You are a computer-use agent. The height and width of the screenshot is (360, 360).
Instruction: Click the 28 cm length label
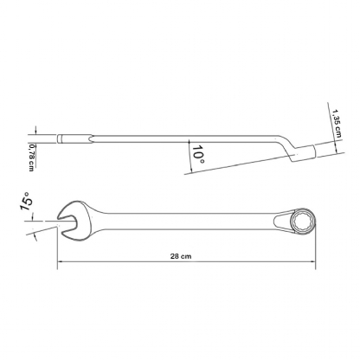click(181, 256)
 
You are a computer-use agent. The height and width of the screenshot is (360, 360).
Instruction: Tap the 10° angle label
click(198, 154)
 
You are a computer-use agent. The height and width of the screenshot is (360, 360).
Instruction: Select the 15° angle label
click(25, 202)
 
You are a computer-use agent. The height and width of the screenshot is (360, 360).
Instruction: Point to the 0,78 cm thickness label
click(31, 157)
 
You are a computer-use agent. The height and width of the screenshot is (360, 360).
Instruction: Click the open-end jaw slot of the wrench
click(68, 222)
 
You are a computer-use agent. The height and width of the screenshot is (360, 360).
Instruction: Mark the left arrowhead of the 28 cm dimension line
click(60, 261)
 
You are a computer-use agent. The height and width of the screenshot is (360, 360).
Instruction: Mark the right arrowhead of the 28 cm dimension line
click(312, 261)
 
